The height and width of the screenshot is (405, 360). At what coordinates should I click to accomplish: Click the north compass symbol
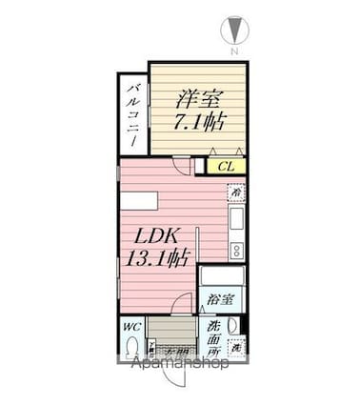234,29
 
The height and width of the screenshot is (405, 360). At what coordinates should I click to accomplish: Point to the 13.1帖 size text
157,258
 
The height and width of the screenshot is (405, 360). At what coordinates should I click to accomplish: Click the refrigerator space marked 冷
235,194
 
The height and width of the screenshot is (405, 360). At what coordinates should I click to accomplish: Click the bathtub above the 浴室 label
223,278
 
